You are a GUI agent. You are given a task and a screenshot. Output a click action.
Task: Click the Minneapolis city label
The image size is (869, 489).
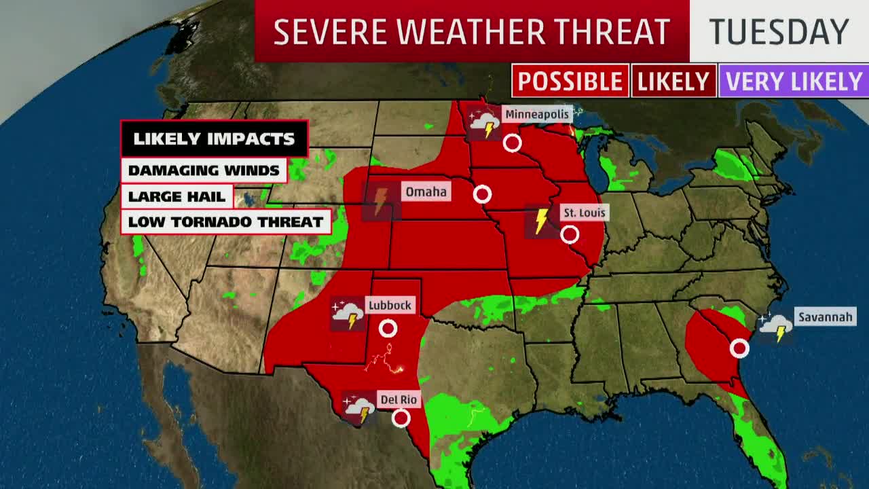536,114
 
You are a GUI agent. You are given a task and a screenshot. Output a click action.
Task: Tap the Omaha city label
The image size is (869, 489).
426,192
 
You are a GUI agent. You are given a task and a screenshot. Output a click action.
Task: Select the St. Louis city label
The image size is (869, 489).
584,213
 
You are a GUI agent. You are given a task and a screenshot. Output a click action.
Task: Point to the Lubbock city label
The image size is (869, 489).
390,306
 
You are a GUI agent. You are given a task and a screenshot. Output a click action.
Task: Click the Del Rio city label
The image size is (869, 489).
399,400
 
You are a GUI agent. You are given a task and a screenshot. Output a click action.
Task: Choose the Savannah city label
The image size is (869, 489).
825,317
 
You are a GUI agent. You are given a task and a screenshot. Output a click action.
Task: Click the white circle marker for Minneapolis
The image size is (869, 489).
512,143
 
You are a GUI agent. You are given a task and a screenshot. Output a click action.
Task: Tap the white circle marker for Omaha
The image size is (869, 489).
482,194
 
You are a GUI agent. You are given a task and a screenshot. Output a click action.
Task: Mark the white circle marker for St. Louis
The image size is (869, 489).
570,235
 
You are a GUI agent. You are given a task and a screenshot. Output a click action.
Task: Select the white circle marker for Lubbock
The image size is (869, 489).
388,329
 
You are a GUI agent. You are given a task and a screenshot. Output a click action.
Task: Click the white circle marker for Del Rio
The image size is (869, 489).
401,418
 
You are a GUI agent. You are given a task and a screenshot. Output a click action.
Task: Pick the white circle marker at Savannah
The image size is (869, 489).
739,348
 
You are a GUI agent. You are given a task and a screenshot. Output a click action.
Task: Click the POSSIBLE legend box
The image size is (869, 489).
570,81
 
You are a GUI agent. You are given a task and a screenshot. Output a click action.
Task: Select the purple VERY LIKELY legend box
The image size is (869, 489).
793,81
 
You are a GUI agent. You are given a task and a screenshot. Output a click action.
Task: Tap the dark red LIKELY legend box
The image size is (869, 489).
673,81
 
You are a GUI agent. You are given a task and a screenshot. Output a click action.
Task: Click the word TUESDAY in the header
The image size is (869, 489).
779,32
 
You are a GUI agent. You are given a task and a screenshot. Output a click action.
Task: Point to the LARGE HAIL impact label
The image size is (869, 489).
177,197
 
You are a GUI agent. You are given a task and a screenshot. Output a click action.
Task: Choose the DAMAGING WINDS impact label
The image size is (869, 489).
204,170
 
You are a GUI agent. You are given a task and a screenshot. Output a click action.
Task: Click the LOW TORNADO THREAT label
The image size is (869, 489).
225,222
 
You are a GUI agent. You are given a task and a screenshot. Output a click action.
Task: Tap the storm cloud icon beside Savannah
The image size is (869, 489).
775,328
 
